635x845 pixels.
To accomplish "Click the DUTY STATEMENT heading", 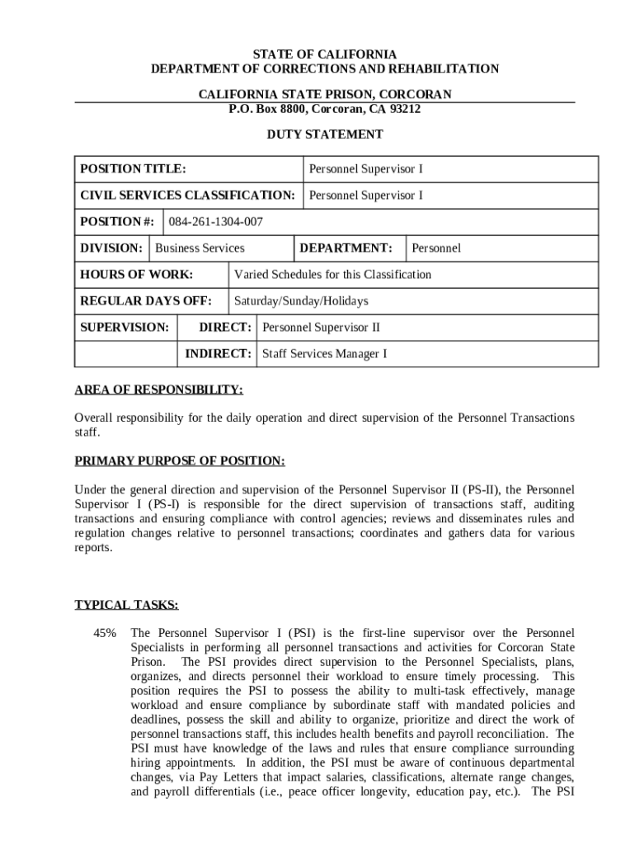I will click(x=324, y=134).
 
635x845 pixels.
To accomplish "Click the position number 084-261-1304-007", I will click(x=216, y=222).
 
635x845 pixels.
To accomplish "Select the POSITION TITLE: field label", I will click(x=133, y=169).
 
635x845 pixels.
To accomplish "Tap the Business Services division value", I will click(x=200, y=248).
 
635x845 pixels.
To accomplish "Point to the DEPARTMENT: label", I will click(x=346, y=248).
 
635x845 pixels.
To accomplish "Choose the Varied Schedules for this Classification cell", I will click(x=332, y=275).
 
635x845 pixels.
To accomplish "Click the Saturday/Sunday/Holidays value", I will click(x=301, y=301).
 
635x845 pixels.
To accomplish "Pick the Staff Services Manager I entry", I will click(x=324, y=354).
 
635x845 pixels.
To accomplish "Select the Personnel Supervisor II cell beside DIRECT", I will click(x=321, y=328).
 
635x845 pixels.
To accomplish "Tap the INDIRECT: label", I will click(x=218, y=354).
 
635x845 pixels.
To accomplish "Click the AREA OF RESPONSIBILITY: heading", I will click(x=158, y=390).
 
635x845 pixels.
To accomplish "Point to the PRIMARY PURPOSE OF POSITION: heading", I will click(x=180, y=460).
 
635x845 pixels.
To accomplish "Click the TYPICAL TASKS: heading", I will click(x=126, y=605).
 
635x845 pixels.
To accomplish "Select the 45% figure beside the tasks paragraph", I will click(x=106, y=633).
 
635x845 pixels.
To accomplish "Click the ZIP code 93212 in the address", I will click(x=404, y=109).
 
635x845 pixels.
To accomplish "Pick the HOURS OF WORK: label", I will click(x=137, y=275).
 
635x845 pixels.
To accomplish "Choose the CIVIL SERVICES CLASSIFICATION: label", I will click(x=187, y=196).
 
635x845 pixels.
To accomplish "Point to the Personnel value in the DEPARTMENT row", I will click(x=436, y=248).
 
